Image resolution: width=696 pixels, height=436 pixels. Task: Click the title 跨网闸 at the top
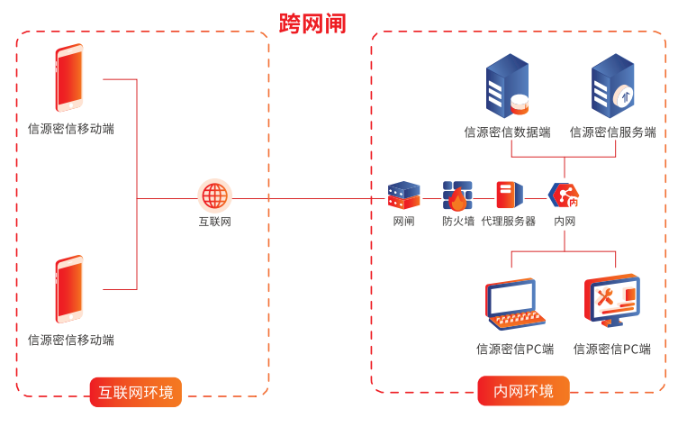(x=312, y=22)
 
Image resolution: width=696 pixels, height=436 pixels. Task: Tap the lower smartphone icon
(x=69, y=289)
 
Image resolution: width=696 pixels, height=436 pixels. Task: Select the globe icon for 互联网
(x=214, y=195)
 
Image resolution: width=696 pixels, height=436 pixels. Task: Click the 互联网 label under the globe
(x=214, y=222)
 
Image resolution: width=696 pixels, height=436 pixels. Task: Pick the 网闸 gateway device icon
(x=403, y=195)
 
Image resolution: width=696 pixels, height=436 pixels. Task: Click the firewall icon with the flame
(x=457, y=195)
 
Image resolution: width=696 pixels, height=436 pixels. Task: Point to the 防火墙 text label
(x=457, y=222)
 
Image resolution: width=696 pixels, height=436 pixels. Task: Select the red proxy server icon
(x=509, y=195)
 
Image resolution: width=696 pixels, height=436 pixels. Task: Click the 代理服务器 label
(x=509, y=222)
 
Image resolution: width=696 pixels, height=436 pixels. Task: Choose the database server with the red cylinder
(x=508, y=86)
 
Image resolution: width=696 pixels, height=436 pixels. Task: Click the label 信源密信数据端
(x=507, y=132)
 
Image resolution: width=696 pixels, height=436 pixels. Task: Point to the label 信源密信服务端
(x=612, y=132)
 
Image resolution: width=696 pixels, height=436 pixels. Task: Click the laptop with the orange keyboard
(x=515, y=304)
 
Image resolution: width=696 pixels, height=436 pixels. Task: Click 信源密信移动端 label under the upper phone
(x=71, y=129)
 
